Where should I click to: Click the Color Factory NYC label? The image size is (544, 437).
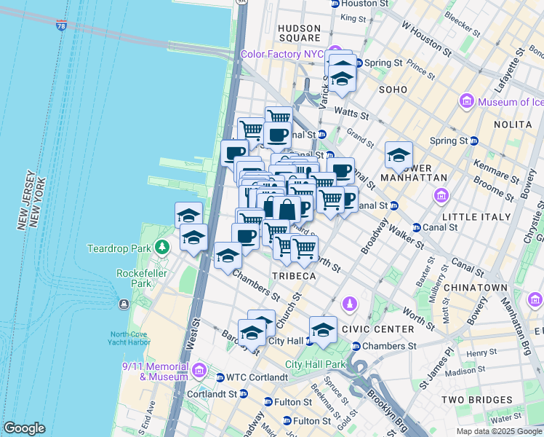point(283,55)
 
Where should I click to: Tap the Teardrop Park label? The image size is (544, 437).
point(117,248)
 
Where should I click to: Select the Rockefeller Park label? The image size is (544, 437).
point(138,278)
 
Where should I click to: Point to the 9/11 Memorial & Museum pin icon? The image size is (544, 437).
point(199,371)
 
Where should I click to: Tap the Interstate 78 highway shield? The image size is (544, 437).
point(60,25)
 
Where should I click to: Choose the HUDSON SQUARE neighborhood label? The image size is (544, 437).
point(299,33)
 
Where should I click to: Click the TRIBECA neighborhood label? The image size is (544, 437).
point(294,276)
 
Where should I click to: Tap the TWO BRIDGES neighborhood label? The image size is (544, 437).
point(476,400)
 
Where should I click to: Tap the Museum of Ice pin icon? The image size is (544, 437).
point(466,102)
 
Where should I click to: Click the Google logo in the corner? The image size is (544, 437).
point(24,428)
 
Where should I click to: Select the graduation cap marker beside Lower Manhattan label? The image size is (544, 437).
point(398,155)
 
